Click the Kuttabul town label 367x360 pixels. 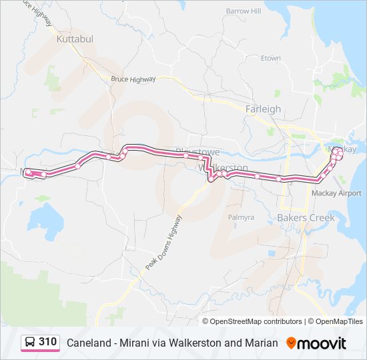pos(75,39)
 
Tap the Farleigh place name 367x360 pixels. pos(263,109)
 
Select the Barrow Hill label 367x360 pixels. pos(243,11)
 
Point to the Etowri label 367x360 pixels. pos(270,58)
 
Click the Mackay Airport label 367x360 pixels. pos(337,193)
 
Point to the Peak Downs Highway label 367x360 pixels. pos(163,241)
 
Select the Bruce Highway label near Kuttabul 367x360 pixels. pos(133,79)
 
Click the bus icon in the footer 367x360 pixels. pos(31,343)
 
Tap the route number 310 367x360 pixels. pos(47,342)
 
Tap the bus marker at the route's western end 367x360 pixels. pos(29,173)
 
